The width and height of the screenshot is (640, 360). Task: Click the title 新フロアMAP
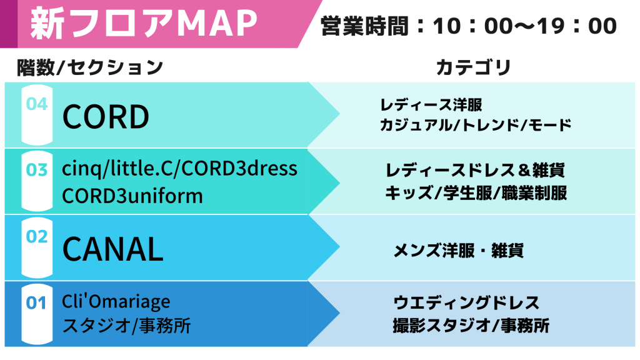[144, 23]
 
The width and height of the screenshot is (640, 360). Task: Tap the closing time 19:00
[577, 26]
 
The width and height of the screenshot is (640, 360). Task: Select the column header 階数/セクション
[90, 67]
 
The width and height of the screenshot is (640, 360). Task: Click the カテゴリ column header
[474, 67]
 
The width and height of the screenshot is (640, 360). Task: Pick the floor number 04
[37, 104]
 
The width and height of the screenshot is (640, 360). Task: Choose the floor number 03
[37, 170]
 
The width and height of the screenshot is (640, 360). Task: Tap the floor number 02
[37, 236]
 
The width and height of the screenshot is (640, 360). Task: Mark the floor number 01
[36, 303]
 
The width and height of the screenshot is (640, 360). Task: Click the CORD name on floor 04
[106, 117]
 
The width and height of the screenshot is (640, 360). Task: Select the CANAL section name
[113, 249]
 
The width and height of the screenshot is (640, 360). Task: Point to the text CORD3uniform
[132, 196]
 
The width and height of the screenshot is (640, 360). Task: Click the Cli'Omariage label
[116, 302]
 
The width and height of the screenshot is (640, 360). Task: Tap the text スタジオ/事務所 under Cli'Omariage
[126, 326]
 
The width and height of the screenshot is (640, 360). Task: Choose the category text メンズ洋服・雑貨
[458, 250]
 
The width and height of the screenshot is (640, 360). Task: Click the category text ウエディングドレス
[466, 303]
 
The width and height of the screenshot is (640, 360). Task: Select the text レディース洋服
[431, 105]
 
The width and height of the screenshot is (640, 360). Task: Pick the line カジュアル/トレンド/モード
[476, 125]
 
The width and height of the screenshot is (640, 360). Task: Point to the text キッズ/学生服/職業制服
[476, 192]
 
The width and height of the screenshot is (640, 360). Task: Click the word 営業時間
[364, 26]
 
